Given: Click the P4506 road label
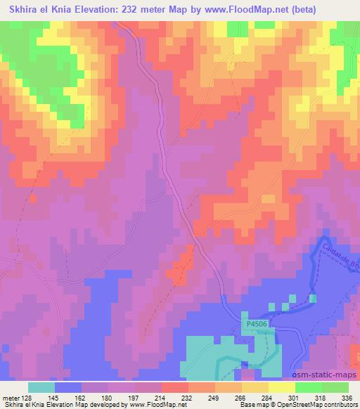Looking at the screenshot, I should [258, 324].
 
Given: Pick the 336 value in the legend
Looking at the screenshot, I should [347, 397].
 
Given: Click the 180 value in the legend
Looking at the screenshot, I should [108, 397].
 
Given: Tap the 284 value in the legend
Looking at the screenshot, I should [267, 397].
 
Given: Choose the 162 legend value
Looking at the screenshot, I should [81, 397].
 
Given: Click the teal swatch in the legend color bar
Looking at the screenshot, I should [41, 387].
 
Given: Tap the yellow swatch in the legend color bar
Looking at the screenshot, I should [281, 387].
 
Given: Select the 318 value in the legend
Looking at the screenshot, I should [321, 397].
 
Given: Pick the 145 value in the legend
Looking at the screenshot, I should [54, 397].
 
